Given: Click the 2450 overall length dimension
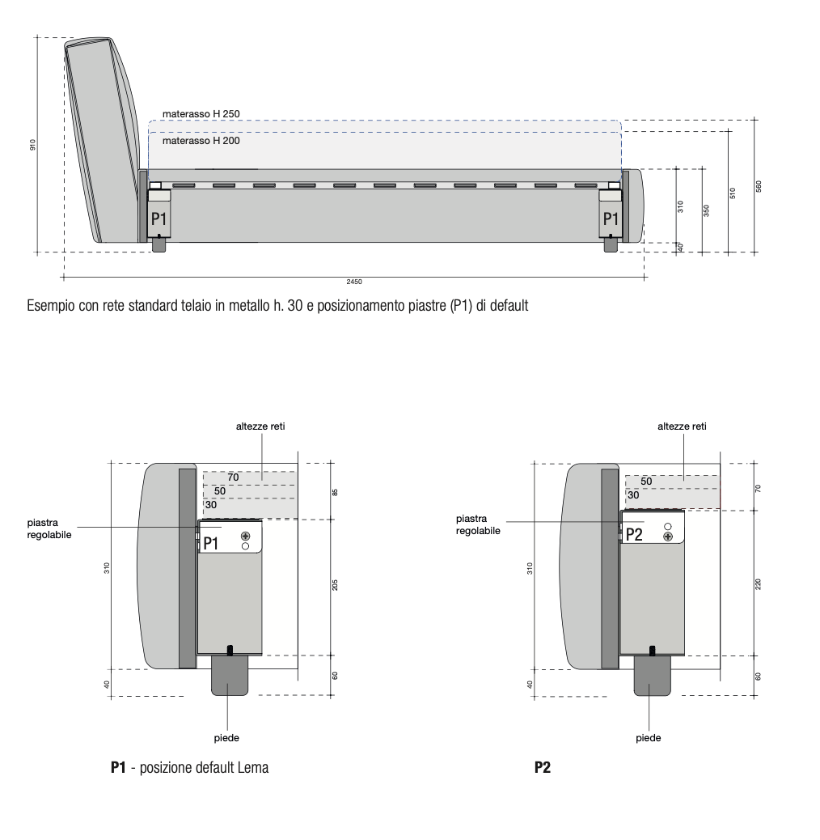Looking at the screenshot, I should click(353, 282).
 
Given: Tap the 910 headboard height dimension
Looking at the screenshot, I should click(32, 145).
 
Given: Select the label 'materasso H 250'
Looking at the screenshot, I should click(201, 114).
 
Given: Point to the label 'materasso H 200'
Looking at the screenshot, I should click(201, 140).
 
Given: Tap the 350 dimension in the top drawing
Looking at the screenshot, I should click(706, 209).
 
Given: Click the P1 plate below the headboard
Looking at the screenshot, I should click(159, 218).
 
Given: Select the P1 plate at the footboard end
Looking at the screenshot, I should click(611, 218).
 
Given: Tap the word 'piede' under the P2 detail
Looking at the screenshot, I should click(649, 737).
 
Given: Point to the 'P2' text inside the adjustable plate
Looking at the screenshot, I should click(635, 533).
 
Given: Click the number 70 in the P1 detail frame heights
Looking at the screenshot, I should click(233, 477).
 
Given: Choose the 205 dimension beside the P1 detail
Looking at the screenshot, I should click(334, 585).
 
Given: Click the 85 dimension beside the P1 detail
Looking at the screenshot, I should click(334, 491).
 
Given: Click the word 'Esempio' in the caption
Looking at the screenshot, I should click(49, 308).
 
